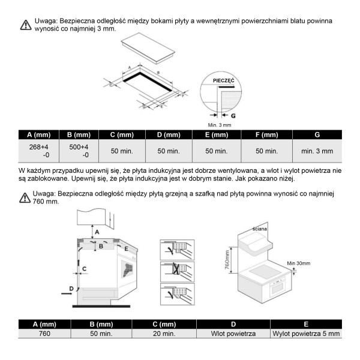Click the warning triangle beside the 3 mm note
click(25, 25)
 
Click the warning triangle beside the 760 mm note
click(25, 197)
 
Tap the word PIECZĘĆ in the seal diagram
click(223, 80)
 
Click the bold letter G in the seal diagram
click(233, 114)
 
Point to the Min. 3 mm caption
click(220, 124)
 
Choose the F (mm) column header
click(266, 134)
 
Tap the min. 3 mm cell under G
click(317, 151)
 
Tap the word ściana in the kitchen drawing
click(260, 229)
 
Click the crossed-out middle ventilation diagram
click(178, 269)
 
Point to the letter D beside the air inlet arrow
click(71, 289)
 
